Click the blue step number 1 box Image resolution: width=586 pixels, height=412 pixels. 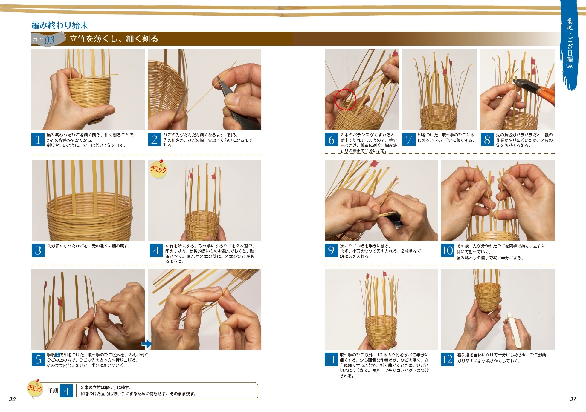pyautogui.click(x=38, y=139)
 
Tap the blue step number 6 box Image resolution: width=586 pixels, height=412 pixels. pyautogui.click(x=331, y=139)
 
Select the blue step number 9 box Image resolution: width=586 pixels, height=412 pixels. pyautogui.click(x=331, y=250)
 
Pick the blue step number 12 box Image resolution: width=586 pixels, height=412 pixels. pyautogui.click(x=448, y=359)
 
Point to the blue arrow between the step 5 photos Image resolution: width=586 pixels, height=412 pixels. pyautogui.click(x=147, y=344)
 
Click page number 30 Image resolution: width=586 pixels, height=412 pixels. pyautogui.click(x=12, y=399)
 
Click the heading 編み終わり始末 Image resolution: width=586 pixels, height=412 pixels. pyautogui.click(x=60, y=25)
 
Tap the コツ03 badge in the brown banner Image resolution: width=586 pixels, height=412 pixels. pyautogui.click(x=48, y=39)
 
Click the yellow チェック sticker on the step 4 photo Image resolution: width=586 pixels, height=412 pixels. pyautogui.click(x=158, y=169)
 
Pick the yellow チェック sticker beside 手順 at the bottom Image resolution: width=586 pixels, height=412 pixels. pyautogui.click(x=35, y=388)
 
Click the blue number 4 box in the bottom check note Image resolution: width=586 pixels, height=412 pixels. pyautogui.click(x=66, y=391)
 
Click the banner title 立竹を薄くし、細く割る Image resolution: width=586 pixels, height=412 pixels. pyautogui.click(x=114, y=39)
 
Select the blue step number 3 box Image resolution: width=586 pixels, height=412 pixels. pyautogui.click(x=38, y=250)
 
